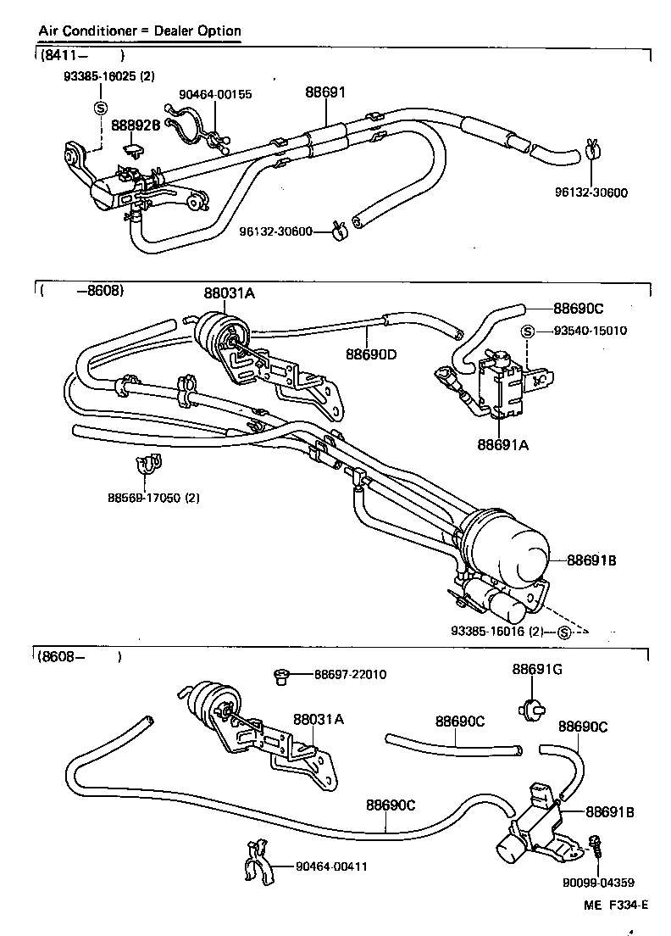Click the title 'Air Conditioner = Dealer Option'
(140, 31)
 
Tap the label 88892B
(136, 125)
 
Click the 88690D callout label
(371, 354)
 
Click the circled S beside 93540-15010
(527, 331)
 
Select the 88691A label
(502, 444)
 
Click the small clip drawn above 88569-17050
(150, 464)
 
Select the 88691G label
(537, 669)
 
